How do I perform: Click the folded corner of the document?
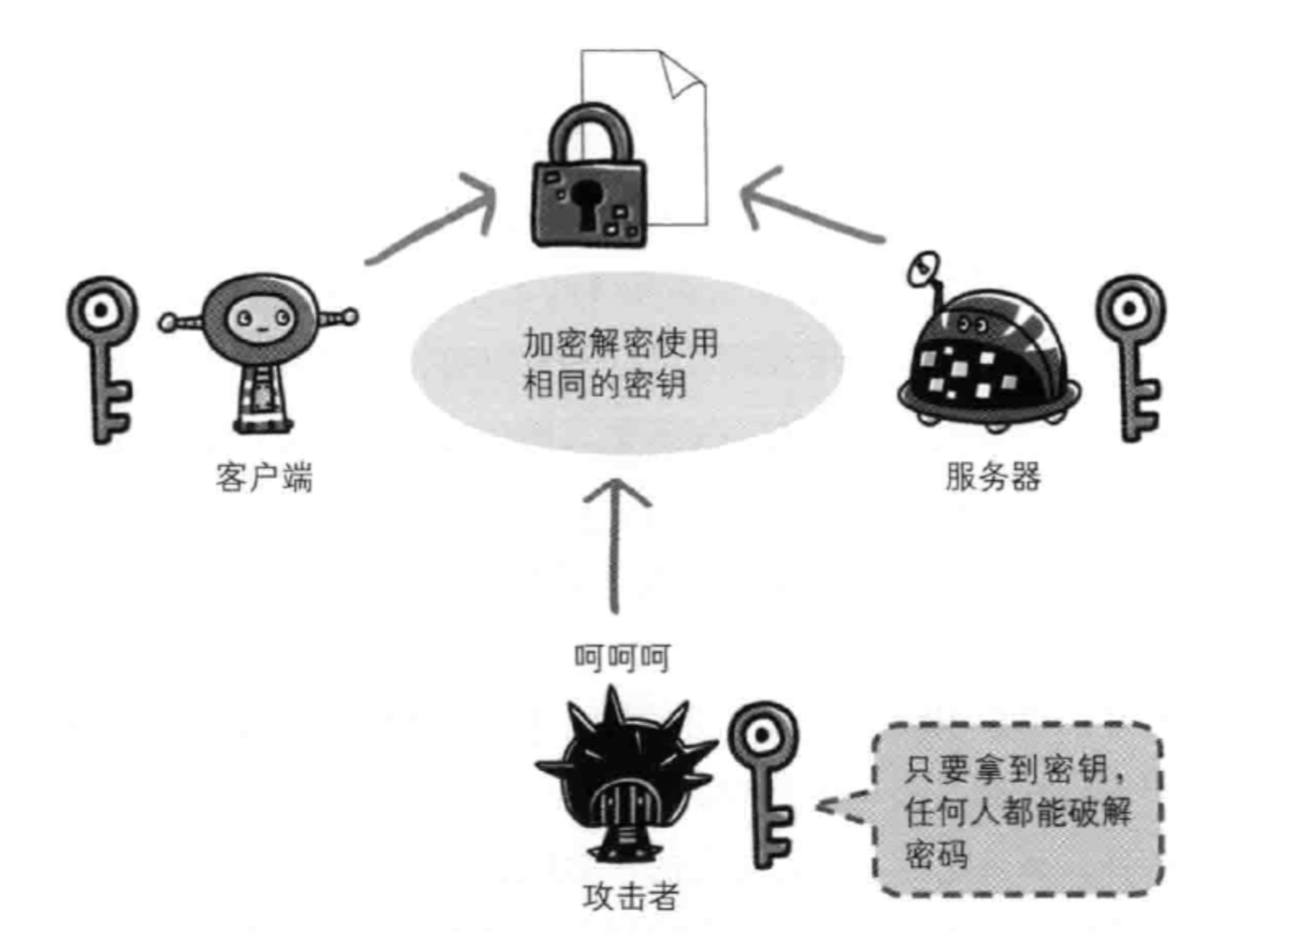(682, 75)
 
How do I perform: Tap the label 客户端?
(264, 477)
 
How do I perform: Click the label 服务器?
(992, 476)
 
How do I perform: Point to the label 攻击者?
(631, 897)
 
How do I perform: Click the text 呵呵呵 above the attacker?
(622, 657)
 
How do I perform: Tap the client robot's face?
(259, 320)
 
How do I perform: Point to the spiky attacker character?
(625, 780)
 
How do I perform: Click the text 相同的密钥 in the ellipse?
(605, 383)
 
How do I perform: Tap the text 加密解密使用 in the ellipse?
(620, 343)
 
